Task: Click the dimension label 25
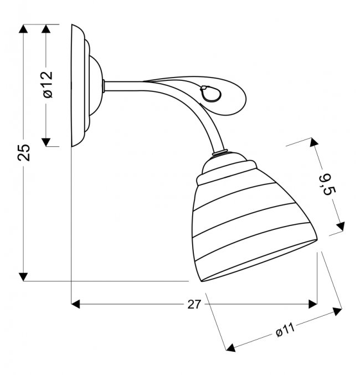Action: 24,152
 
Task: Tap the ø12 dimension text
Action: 48,84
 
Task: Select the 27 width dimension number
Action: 193,305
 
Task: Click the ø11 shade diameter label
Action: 285,330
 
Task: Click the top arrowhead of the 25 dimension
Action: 23,29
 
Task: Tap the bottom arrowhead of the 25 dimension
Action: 23,277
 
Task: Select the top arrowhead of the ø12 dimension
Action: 46,29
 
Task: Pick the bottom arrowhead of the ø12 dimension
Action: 46,142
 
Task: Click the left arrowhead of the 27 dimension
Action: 75,304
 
